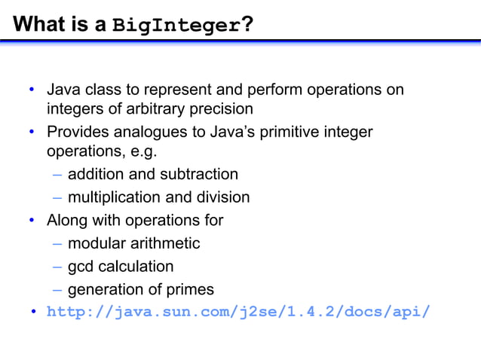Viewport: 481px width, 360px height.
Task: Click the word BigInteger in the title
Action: point(176,26)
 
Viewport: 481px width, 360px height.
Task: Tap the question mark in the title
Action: point(247,25)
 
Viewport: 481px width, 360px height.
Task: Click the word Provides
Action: point(78,133)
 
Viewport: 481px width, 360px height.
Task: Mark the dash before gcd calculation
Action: point(58,267)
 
